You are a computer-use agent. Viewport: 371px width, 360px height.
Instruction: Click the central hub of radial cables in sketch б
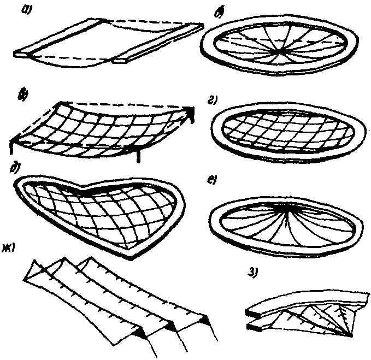click(x=280, y=51)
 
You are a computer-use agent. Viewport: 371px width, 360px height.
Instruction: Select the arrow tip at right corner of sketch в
click(x=193, y=111)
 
